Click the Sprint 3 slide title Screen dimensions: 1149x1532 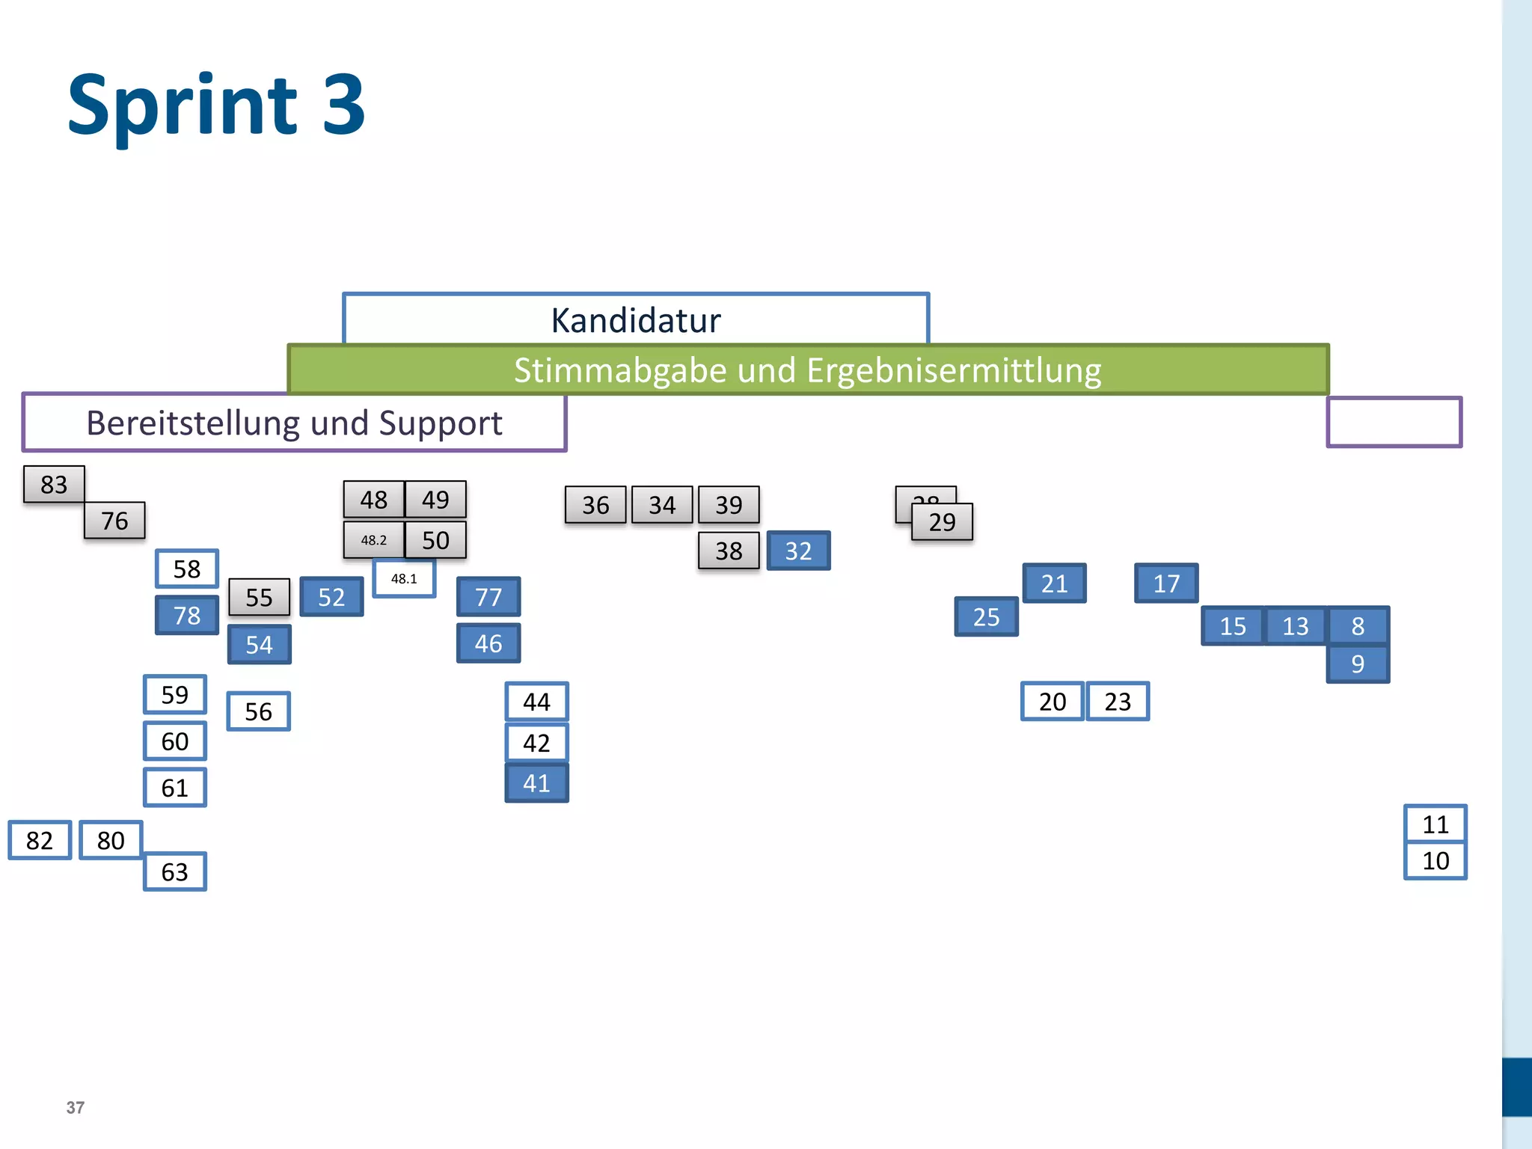216,105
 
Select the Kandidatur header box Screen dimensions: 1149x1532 636,319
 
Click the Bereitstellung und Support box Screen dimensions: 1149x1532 294,423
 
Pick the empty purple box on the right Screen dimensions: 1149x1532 1394,423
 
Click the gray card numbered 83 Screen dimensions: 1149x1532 54,485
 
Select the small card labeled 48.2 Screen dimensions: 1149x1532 374,540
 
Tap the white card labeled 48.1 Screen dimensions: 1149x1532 404,579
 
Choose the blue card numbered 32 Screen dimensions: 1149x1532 798,551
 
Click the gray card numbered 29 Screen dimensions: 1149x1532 943,522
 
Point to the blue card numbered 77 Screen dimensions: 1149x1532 488,597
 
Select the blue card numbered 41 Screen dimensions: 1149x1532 536,783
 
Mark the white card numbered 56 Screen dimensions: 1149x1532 258,711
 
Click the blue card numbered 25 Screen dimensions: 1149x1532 986,617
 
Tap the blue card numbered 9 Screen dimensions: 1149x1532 1358,664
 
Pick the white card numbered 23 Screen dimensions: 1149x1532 1118,702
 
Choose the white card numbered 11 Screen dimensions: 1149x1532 1436,824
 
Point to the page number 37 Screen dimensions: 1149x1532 76,1108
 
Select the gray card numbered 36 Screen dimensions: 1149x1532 595,506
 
